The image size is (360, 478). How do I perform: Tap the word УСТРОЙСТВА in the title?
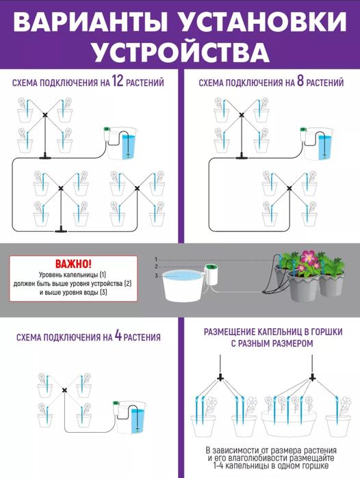pyautogui.click(x=179, y=52)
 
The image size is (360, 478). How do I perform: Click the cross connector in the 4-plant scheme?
pyautogui.click(x=65, y=390)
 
